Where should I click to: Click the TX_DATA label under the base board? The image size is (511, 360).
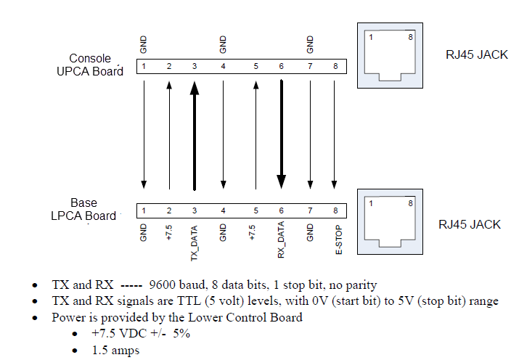(x=194, y=243)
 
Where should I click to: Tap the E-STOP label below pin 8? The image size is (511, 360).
(x=335, y=240)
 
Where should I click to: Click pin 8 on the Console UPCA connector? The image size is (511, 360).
(x=335, y=67)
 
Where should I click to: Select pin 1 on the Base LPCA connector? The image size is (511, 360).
(x=144, y=210)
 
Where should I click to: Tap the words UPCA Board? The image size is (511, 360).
(x=90, y=71)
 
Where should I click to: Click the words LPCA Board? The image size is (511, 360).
(x=83, y=216)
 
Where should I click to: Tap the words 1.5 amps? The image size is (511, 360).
(x=115, y=349)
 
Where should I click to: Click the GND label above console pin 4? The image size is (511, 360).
(x=223, y=45)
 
